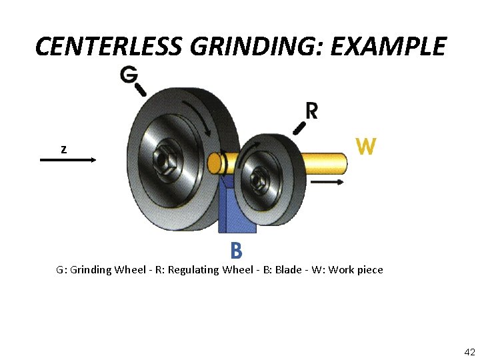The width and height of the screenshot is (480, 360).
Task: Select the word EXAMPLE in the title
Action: click(386, 47)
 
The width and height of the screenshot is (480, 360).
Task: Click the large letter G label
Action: click(129, 75)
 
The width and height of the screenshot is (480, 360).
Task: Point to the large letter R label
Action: click(311, 111)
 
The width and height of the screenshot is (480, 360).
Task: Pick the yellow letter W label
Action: click(366, 145)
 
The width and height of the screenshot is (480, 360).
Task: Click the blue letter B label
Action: click(236, 251)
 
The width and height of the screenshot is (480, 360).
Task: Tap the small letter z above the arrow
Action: click(63, 150)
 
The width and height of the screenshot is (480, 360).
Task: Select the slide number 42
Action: click(469, 351)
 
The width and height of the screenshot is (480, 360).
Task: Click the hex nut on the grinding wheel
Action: click(164, 160)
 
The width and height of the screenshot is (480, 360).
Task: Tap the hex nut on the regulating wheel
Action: click(259, 178)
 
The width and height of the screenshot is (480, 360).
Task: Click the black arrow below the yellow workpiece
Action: click(327, 181)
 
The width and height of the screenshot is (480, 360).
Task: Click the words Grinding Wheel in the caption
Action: click(105, 270)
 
